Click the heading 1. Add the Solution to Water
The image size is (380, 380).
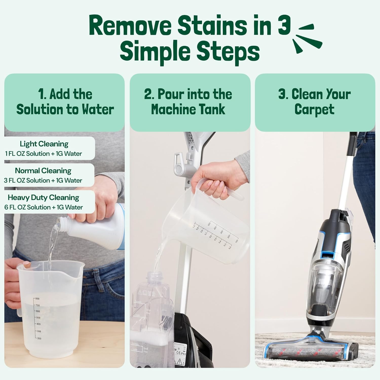pyautogui.click(x=65, y=102)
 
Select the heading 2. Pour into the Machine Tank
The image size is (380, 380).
pyautogui.click(x=188, y=102)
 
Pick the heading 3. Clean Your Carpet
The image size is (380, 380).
pyautogui.click(x=314, y=102)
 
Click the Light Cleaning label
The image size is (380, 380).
pyautogui.click(x=44, y=144)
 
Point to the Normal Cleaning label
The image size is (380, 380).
pyautogui.click(x=43, y=171)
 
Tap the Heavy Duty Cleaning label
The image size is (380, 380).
pyautogui.click(x=43, y=198)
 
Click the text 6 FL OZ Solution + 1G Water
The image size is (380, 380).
pyautogui.click(x=43, y=207)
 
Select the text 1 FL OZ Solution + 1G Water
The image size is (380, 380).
pyautogui.click(x=43, y=154)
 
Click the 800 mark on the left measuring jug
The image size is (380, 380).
pyautogui.click(x=37, y=299)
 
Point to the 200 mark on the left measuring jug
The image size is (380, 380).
pyautogui.click(x=39, y=338)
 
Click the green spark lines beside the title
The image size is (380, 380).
pyautogui.click(x=307, y=38)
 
